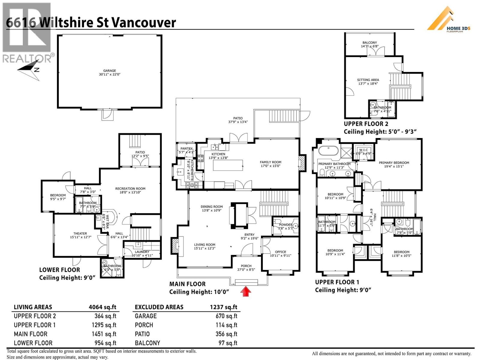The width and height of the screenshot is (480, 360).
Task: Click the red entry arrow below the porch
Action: click(246, 292)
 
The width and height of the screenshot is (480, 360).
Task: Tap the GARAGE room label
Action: click(109, 71)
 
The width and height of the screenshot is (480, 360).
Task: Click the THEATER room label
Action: click(80, 233)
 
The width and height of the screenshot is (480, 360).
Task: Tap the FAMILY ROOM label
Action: click(271, 162)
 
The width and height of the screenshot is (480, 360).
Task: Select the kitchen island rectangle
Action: click(228, 165)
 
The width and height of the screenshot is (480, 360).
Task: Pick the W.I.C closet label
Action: click(363, 150)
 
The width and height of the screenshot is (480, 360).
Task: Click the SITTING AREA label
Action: click(368, 80)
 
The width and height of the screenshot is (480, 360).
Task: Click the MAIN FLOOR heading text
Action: click(187, 284)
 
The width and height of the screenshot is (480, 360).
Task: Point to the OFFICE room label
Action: click(280, 252)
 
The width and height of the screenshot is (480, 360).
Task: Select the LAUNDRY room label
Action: click(142, 252)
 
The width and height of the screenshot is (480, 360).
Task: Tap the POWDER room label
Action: click(285, 224)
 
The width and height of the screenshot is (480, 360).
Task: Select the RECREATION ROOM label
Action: click(130, 189)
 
